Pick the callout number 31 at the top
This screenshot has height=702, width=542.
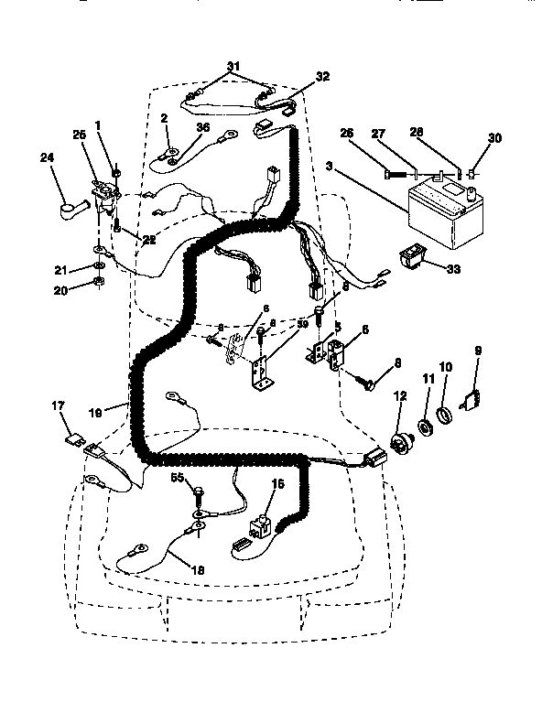pos(233,65)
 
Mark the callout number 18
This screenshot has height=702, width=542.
pos(197,569)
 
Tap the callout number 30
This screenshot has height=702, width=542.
pos(495,139)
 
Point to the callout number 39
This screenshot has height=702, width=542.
pos(301,324)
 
